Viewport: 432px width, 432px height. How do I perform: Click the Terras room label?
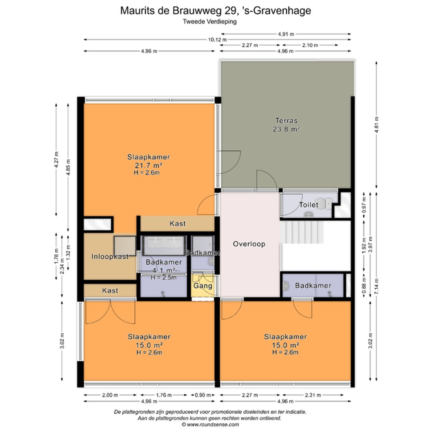pyautogui.click(x=286, y=120)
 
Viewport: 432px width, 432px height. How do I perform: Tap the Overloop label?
pyautogui.click(x=249, y=244)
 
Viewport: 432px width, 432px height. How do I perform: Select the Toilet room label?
pyautogui.click(x=308, y=205)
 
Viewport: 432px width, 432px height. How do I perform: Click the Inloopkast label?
pyautogui.click(x=110, y=256)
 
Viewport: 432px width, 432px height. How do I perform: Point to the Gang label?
pyautogui.click(x=203, y=286)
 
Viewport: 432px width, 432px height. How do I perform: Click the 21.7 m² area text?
pyautogui.click(x=148, y=165)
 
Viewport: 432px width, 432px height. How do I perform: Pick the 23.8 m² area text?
pyautogui.click(x=286, y=129)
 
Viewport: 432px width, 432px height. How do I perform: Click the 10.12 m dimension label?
pyautogui.click(x=217, y=40)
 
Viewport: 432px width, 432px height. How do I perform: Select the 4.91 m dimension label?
pyautogui.click(x=286, y=34)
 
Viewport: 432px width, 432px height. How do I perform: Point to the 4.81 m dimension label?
pyautogui.click(x=376, y=124)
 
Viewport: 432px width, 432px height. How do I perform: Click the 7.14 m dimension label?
pyautogui.click(x=376, y=286)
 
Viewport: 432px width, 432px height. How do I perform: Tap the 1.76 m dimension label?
pyautogui.click(x=164, y=395)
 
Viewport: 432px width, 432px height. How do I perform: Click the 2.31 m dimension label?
pyautogui.click(x=313, y=395)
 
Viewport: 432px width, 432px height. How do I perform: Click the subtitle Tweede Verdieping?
pyautogui.click(x=210, y=22)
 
